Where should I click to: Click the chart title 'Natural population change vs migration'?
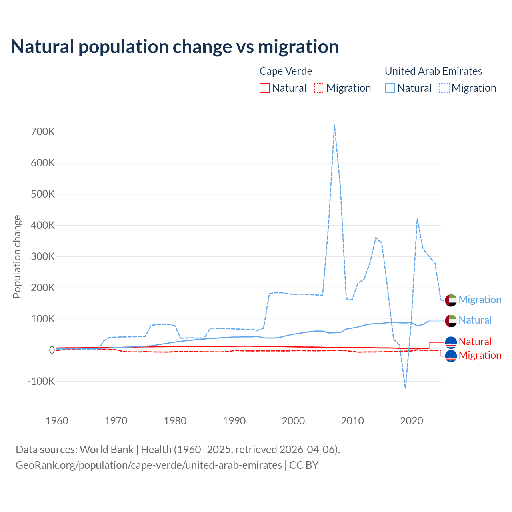coord(174,47)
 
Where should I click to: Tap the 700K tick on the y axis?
coord(43,132)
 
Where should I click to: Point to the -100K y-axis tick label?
coord(41,381)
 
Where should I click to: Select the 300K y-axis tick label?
coord(43,256)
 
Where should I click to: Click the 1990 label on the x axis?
coord(234,421)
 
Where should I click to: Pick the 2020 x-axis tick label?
coord(412,421)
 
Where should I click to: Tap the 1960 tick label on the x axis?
coord(57,421)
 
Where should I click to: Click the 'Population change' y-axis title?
coord(17,256)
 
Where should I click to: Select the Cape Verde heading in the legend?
coord(286,71)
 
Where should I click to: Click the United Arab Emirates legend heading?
coord(433,71)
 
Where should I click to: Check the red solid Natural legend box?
coord(265,88)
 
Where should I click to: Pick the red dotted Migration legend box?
coord(319,88)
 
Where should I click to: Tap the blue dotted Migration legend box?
coord(444,88)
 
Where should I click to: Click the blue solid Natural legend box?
coord(390,88)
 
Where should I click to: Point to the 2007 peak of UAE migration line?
coord(334,125)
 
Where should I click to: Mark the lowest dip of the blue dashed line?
coord(405,388)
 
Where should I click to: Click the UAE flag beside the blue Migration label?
coord(451,300)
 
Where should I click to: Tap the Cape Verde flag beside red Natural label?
coord(451,342)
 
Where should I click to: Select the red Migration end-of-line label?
coord(480,355)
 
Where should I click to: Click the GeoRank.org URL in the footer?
coord(149,465)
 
